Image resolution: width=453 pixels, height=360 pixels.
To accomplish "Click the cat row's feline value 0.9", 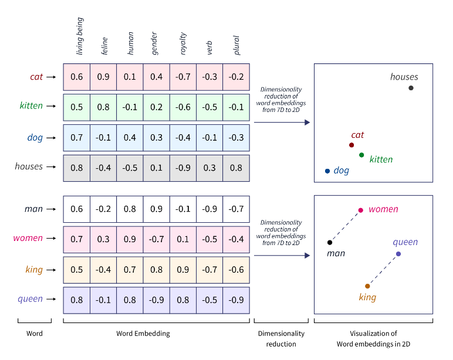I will pyautogui.click(x=104, y=77).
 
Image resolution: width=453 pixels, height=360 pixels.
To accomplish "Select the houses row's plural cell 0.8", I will pyautogui.click(x=236, y=167).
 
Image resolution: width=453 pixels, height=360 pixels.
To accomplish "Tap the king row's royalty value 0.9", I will pyautogui.click(x=183, y=270).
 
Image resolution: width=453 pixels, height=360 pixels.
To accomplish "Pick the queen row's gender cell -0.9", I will pyautogui.click(x=157, y=300).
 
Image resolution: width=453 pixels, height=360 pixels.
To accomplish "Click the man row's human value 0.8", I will pyautogui.click(x=130, y=209).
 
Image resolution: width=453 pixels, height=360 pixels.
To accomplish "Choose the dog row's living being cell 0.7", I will pyautogui.click(x=77, y=137).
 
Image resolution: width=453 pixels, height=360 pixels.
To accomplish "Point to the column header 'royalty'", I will pyautogui.click(x=183, y=43).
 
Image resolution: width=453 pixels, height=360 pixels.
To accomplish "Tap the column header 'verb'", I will pyautogui.click(x=209, y=47).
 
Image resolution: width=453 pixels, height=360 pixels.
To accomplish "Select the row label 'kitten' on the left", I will pyautogui.click(x=31, y=106).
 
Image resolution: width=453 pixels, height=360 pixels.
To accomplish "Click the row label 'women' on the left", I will pyautogui.click(x=28, y=239).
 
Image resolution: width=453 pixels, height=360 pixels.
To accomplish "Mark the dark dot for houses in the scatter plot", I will pyautogui.click(x=411, y=88).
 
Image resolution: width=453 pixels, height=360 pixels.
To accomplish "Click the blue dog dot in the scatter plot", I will pyautogui.click(x=327, y=171).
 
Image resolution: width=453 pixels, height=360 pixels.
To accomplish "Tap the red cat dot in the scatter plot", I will pyautogui.click(x=351, y=145).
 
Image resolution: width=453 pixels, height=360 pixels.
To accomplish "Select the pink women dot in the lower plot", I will pyautogui.click(x=361, y=210).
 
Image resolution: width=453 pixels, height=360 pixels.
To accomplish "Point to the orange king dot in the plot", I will pyautogui.click(x=367, y=286).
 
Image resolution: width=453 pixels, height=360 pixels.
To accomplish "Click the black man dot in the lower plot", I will pyautogui.click(x=330, y=242).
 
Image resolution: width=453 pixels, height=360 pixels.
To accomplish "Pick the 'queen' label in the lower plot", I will pyautogui.click(x=405, y=242).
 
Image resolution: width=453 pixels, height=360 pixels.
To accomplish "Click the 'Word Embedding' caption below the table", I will pyautogui.click(x=144, y=334).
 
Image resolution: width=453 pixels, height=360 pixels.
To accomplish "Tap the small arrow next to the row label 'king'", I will pyautogui.click(x=52, y=270).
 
